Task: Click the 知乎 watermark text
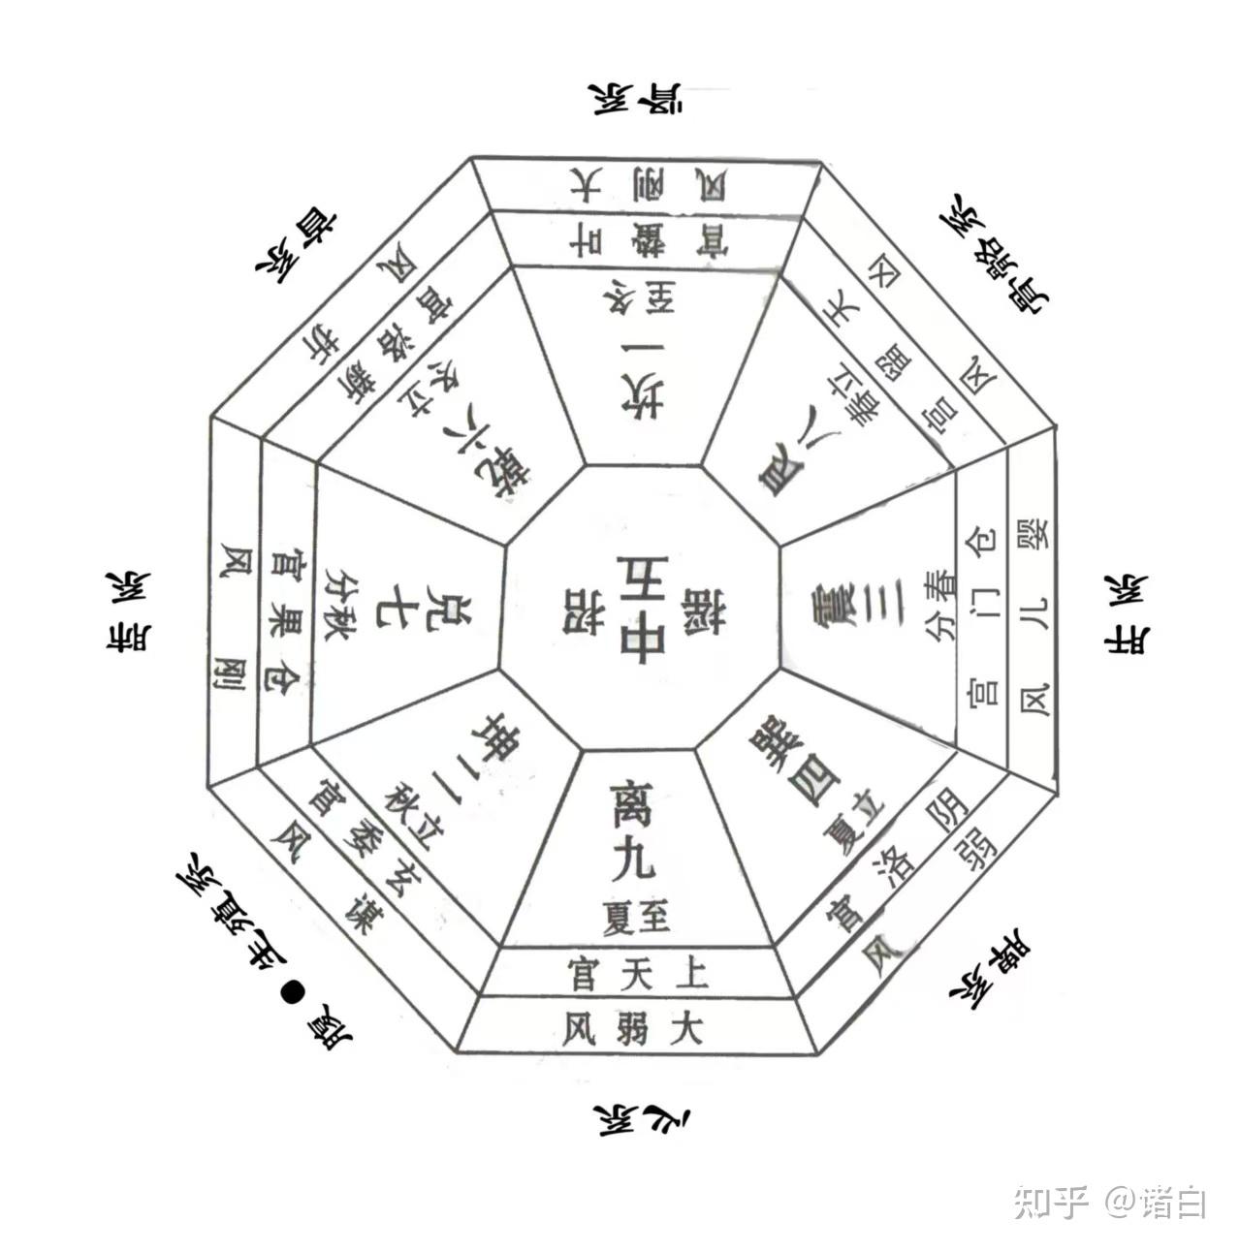point(1051,1203)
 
